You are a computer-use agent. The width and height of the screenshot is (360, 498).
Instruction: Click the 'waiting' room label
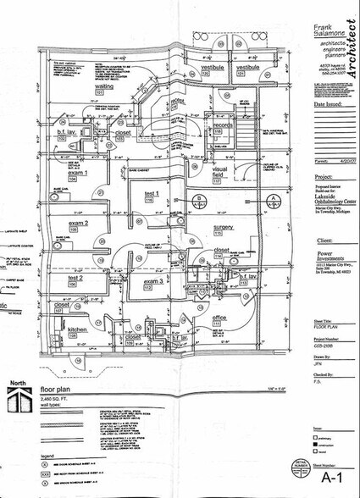103,86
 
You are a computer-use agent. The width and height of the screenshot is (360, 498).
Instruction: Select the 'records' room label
223,125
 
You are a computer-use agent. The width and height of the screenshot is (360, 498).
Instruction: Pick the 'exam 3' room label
153,280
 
